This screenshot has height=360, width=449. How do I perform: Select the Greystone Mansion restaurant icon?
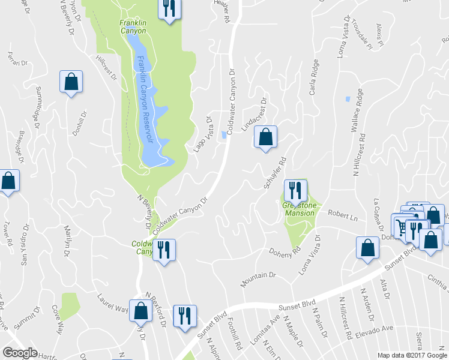click(295, 191)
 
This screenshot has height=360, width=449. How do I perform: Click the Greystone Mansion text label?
click(298, 209)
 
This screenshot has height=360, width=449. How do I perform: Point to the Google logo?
click(20, 353)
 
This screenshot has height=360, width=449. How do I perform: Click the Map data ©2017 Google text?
click(412, 355)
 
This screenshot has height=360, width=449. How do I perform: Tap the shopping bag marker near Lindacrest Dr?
click(265, 137)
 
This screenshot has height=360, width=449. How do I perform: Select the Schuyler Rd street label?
click(274, 173)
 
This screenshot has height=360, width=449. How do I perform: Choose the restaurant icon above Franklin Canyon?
click(169, 8)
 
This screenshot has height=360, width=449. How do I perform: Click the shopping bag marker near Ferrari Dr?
click(71, 83)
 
